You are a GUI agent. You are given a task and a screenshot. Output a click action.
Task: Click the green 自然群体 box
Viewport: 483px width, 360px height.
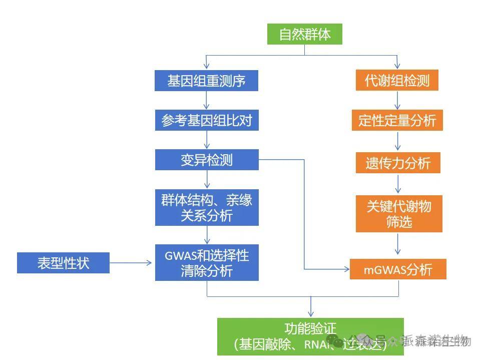click(304, 35)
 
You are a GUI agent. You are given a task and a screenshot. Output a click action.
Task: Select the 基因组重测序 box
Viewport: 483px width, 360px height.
click(206, 81)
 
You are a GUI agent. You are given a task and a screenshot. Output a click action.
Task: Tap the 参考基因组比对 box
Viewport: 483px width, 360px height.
click(206, 121)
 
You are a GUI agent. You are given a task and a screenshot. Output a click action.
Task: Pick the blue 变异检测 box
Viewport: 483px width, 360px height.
click(206, 160)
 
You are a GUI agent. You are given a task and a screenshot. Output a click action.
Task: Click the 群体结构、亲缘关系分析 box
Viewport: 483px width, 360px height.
click(206, 207)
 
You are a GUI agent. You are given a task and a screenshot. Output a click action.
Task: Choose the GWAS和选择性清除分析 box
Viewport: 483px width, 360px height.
click(206, 262)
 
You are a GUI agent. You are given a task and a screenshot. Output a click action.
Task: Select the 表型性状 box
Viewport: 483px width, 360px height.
click(63, 263)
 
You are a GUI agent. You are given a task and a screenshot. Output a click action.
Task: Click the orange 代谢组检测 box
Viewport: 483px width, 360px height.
click(397, 81)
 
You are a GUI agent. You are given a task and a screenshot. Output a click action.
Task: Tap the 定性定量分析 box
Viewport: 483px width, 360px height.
click(397, 120)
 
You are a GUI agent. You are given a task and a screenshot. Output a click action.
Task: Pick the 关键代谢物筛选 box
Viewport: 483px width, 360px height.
click(398, 214)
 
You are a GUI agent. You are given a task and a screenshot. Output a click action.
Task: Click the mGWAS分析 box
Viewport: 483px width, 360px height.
click(398, 269)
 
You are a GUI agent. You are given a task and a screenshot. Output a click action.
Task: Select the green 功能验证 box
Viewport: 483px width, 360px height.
click(310, 336)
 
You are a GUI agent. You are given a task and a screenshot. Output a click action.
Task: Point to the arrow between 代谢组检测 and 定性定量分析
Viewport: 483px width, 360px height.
click(397, 100)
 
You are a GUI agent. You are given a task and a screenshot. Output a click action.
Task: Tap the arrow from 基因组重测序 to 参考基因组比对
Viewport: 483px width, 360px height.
click(207, 100)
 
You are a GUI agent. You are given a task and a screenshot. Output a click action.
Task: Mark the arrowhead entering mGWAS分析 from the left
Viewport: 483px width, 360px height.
click(346, 269)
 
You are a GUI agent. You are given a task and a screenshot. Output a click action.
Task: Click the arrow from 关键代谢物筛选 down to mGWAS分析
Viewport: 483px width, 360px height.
click(398, 245)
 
